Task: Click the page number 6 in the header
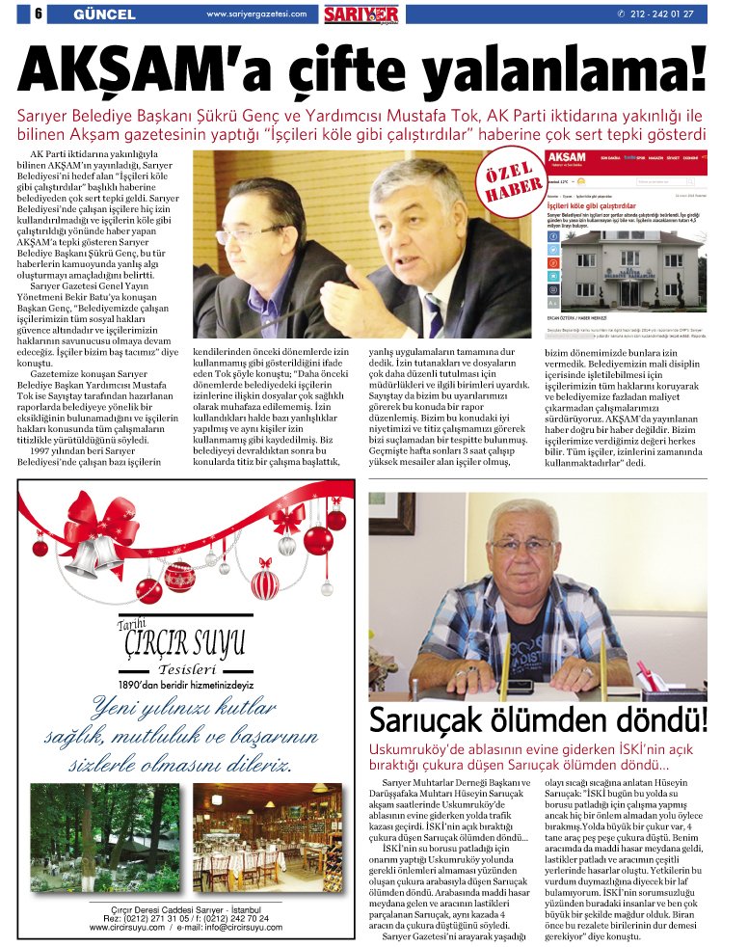tap(38, 14)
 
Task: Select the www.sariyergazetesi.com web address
tap(256, 14)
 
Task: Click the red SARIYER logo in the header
tap(361, 14)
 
